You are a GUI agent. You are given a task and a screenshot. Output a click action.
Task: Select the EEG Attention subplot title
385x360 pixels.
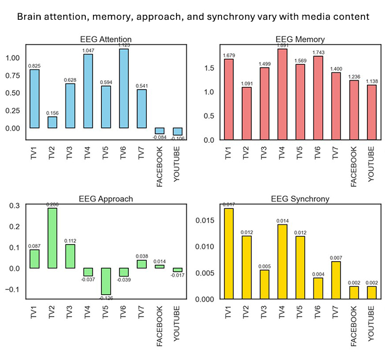coord(106,39)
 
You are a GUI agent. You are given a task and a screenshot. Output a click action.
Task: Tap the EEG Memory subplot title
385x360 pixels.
coord(300,39)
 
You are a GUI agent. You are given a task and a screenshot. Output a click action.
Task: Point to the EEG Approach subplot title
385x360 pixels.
coord(105,198)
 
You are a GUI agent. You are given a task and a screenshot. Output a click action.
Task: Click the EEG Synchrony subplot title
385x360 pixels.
coord(300,198)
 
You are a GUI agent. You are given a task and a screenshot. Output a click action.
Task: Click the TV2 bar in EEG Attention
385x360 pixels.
coord(53,122)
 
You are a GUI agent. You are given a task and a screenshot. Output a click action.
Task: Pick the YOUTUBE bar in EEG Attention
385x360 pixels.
coord(178,131)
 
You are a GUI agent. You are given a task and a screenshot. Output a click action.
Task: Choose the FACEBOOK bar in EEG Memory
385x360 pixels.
coord(354,110)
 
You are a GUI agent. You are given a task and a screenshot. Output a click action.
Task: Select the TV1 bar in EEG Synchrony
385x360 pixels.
coord(228,253)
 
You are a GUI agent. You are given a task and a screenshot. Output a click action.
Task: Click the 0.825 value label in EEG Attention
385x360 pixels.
coord(35,65)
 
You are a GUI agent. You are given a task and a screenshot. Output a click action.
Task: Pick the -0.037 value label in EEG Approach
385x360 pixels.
coord(89,280)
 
